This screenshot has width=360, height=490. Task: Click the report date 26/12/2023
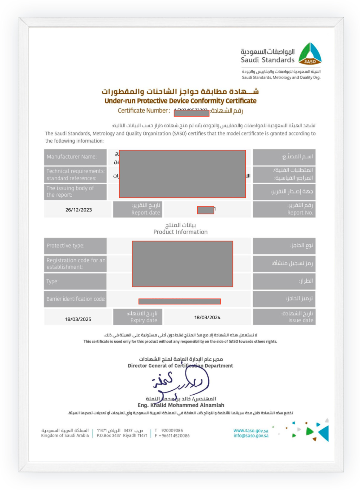[79, 210]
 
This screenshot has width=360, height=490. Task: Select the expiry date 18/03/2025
[78, 319]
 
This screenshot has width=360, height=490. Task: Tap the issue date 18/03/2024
[207, 318]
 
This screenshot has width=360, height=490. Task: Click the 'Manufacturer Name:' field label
[72, 157]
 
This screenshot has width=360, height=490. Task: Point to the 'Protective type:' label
[65, 246]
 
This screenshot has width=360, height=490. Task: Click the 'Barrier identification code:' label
[76, 299]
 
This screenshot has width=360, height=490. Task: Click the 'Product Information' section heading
[180, 232]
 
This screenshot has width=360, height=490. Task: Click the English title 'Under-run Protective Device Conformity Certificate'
[180, 101]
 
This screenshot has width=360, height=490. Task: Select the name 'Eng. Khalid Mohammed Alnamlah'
[181, 405]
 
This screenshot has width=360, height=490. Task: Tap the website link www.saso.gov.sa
[251, 431]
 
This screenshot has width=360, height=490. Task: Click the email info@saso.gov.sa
[251, 436]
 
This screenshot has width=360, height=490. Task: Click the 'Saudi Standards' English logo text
[267, 60]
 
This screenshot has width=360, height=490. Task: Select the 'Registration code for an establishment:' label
[76, 264]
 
